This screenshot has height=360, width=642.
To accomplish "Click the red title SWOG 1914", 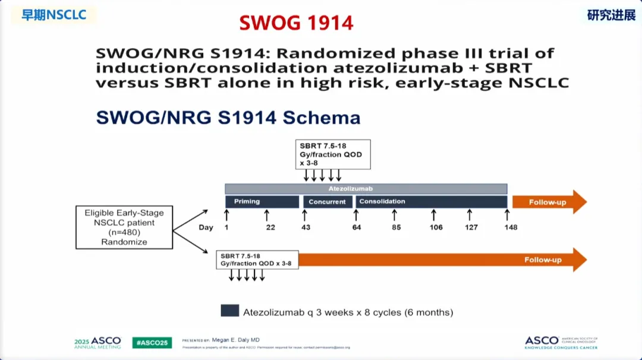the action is (296, 23).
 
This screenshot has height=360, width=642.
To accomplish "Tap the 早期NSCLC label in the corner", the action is (54, 15).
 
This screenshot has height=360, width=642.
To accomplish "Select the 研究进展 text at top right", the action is (611, 15).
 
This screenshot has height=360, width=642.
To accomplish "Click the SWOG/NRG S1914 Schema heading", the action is (228, 117).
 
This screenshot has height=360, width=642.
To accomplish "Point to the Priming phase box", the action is (262, 202).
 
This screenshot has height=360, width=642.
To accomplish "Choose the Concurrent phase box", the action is (327, 202).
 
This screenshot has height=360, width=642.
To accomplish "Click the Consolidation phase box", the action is (431, 202).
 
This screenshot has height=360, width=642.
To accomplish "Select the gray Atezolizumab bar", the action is (366, 188).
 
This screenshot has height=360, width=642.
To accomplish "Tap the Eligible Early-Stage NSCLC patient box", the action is (124, 228).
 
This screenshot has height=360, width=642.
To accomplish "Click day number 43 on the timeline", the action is (305, 228).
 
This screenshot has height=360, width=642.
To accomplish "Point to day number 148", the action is (510, 228).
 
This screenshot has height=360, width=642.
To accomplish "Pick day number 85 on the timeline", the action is (396, 228).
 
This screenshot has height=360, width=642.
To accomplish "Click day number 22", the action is (270, 228).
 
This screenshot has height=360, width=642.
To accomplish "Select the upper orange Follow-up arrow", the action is (548, 202).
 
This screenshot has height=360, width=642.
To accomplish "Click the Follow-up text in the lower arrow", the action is (543, 260).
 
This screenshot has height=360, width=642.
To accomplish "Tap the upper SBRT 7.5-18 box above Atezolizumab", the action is (333, 154).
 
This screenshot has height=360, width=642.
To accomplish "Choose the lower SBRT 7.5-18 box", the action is (257, 260).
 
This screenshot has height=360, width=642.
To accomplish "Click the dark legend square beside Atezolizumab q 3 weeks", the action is (229, 311).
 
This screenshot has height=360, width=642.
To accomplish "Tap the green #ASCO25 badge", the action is (152, 343).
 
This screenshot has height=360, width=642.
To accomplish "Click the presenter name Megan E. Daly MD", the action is (235, 340).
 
